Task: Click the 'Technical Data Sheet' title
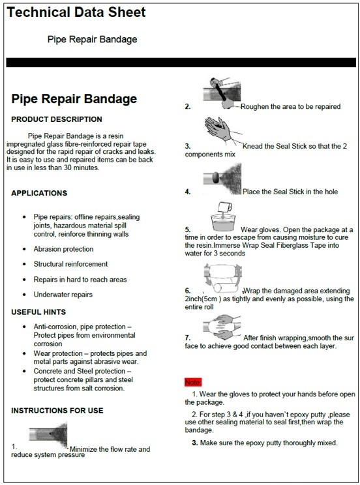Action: click(x=76, y=12)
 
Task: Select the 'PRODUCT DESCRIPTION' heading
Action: click(x=57, y=119)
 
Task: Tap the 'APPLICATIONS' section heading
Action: click(x=39, y=193)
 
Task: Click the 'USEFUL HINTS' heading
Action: click(x=40, y=312)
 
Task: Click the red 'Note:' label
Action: click(x=193, y=381)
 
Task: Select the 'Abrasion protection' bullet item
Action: click(x=63, y=248)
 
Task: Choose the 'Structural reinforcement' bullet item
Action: click(x=70, y=264)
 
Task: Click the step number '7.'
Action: click(x=188, y=338)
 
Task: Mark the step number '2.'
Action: click(x=188, y=106)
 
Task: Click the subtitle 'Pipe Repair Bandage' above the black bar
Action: click(x=93, y=39)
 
